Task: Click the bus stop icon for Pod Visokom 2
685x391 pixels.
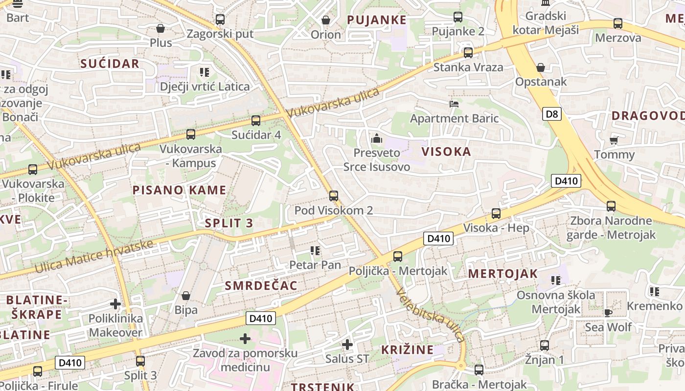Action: coord(334,196)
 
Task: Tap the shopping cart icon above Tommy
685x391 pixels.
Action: coord(614,140)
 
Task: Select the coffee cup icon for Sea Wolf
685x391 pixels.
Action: coord(608,312)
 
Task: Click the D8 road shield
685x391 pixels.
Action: coord(551,114)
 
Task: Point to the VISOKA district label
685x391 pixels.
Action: coord(446,152)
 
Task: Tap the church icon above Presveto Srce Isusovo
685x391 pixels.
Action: coord(376,138)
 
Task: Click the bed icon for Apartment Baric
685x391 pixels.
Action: coord(454,104)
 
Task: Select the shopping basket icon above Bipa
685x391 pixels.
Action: coord(186,296)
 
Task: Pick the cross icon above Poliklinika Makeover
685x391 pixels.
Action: coord(115,304)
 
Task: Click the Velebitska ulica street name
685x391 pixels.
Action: coord(431,314)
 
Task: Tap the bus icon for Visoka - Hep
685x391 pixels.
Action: coord(496,214)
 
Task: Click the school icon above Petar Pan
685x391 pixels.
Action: coord(315,251)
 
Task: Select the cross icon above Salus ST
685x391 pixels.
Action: coord(347,345)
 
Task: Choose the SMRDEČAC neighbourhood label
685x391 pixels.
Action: coord(261,286)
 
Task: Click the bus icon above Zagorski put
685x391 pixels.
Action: coord(220,20)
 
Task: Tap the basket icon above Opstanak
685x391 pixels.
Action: coord(541,67)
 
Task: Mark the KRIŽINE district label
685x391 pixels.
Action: coord(407,349)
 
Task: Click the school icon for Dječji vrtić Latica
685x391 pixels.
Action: coord(205,72)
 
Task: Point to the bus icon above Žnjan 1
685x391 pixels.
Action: coord(545,346)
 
